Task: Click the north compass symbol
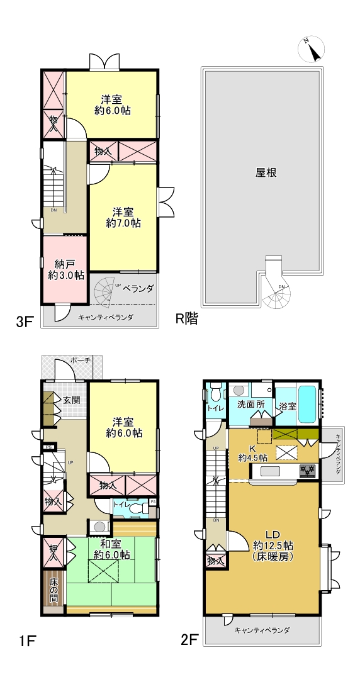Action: click(x=311, y=49)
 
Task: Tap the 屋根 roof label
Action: click(x=266, y=173)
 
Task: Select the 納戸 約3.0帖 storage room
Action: click(x=65, y=269)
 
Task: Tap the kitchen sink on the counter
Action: click(x=271, y=470)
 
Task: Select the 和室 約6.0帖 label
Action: click(x=112, y=549)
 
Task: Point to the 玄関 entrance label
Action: click(x=72, y=400)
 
